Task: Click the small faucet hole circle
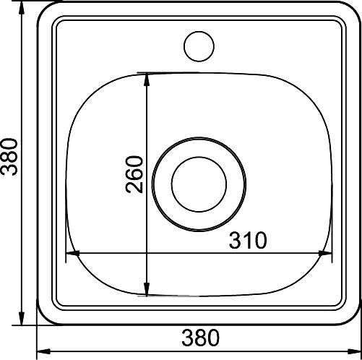click(x=199, y=32)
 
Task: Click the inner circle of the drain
click(x=199, y=157)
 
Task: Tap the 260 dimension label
click(x=134, y=174)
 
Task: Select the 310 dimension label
click(x=248, y=240)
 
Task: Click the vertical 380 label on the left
click(x=9, y=156)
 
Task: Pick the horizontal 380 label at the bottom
click(x=201, y=338)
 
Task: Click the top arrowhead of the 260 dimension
click(x=147, y=80)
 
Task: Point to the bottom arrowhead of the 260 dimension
click(x=147, y=288)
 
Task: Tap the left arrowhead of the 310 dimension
click(x=73, y=253)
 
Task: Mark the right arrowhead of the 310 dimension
click(x=325, y=253)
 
